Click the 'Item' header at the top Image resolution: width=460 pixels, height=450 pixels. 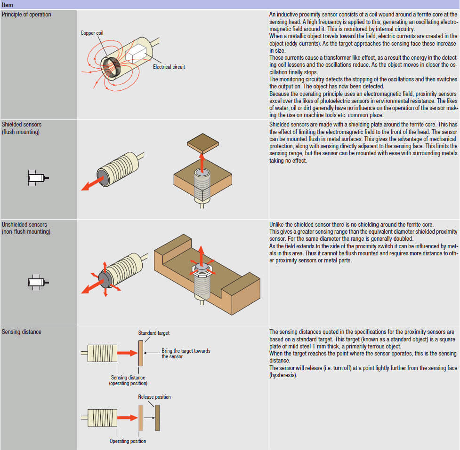[x=8, y=5]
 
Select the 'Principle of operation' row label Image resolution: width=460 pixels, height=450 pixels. [x=26, y=15]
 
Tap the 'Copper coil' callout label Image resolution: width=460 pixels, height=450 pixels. [x=92, y=33]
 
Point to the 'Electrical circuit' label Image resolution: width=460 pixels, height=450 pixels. [x=169, y=67]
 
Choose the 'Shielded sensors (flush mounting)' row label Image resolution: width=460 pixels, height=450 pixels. [x=22, y=128]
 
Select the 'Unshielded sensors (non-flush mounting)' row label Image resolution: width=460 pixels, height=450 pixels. [x=25, y=228]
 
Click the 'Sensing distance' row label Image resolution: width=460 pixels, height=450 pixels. [x=22, y=332]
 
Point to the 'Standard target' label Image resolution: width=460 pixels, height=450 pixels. [x=154, y=333]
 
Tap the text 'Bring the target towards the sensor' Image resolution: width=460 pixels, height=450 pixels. [x=186, y=354]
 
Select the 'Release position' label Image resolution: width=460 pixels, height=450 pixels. [x=154, y=397]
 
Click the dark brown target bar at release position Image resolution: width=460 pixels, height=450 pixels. [x=157, y=417]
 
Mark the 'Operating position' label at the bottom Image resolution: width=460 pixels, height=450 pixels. [x=128, y=441]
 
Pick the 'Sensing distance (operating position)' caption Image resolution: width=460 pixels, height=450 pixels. [x=128, y=380]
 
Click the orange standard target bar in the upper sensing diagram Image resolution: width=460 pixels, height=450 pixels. [x=140, y=353]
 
